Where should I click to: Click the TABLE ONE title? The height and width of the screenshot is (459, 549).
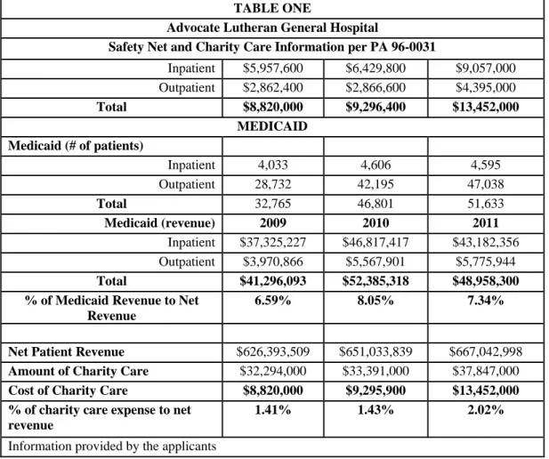tap(272, 8)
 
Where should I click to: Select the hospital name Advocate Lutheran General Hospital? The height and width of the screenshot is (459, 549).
tap(272, 28)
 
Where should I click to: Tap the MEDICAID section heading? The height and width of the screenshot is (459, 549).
tap(272, 126)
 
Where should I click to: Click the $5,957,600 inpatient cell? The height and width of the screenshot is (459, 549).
tap(273, 68)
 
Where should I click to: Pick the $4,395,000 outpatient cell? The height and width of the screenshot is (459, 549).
tap(485, 87)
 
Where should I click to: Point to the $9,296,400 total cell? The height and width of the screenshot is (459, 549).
tap(375, 107)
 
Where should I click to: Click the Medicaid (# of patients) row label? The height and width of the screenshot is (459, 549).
tap(76, 146)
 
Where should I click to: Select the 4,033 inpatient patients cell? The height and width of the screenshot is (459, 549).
tap(273, 165)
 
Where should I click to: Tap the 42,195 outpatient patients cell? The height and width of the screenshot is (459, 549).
tap(375, 184)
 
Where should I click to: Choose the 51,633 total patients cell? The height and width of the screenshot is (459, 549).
tap(485, 204)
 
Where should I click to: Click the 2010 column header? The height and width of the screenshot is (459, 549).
tap(375, 223)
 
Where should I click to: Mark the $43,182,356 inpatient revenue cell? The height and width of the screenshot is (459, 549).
tap(485, 243)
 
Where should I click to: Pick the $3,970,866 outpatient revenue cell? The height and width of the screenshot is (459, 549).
tap(273, 262)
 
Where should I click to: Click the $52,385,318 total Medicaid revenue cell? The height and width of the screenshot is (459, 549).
tap(375, 281)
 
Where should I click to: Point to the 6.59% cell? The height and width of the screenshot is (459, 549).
tap(273, 301)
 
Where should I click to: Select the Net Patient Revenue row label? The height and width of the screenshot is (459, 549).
tap(66, 352)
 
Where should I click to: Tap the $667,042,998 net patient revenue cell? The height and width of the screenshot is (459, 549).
tap(485, 352)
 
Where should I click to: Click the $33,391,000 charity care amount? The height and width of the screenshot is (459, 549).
tap(375, 371)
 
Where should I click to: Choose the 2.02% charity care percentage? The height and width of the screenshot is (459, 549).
tap(485, 410)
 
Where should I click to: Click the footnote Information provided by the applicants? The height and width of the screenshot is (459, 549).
tap(112, 447)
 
